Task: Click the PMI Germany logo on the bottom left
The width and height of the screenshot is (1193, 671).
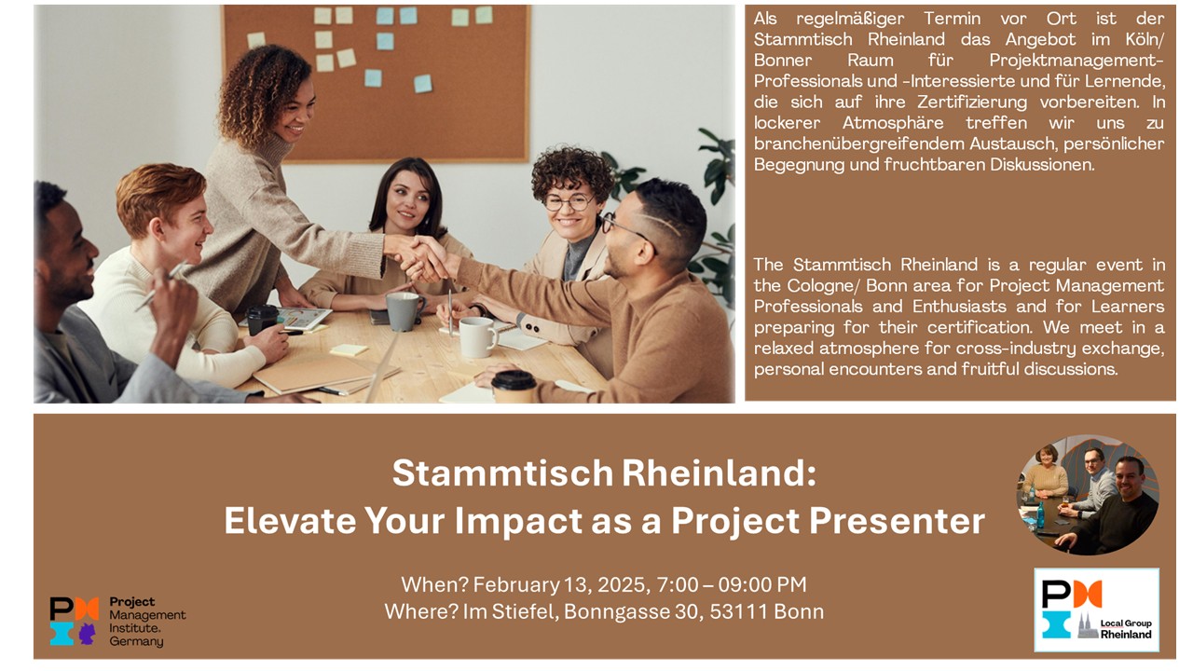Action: click(x=117, y=622)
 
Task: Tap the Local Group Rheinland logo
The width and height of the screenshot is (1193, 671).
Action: click(x=1096, y=610)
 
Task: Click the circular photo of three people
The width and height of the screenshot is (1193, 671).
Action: click(x=1087, y=495)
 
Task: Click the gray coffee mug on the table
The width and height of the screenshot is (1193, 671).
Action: click(x=404, y=311)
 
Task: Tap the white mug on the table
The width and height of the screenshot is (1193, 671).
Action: click(x=477, y=336)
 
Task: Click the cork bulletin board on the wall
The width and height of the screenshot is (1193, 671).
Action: click(x=375, y=79)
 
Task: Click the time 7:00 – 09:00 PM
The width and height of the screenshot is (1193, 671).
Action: click(x=733, y=584)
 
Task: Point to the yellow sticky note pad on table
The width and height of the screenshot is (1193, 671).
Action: click(x=350, y=350)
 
